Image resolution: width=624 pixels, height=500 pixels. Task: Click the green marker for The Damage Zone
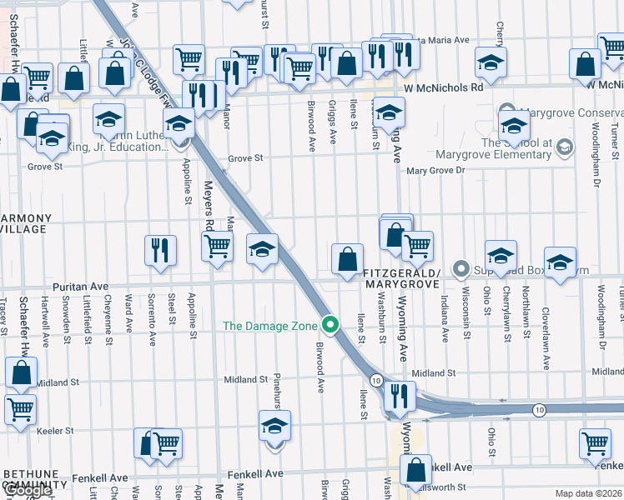(331, 325)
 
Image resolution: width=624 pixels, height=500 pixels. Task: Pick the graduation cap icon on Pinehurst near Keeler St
(274, 427)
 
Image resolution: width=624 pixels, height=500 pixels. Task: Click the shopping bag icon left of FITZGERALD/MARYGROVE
(347, 258)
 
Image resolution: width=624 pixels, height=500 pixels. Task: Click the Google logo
(28, 491)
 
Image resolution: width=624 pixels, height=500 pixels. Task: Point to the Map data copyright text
(589, 493)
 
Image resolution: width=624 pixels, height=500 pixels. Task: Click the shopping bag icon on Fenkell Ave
(415, 470)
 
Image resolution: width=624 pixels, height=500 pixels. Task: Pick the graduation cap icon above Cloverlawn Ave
(560, 262)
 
